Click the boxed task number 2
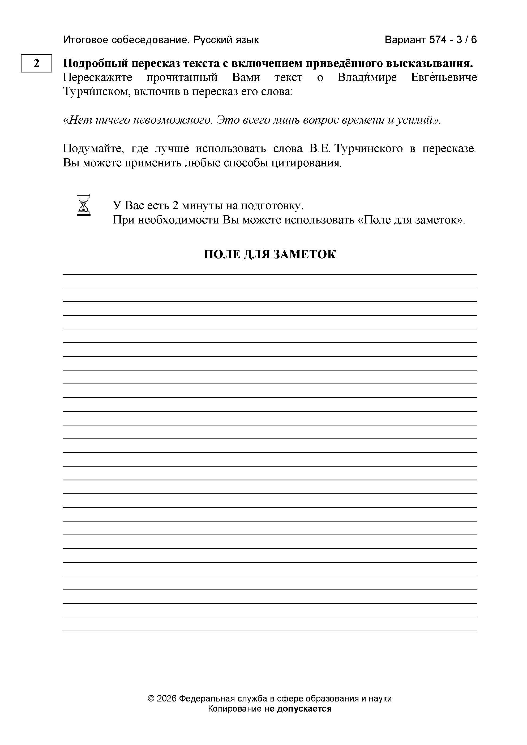coord(36,63)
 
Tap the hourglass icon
coord(83,205)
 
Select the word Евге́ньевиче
coord(444,77)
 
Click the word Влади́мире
coord(367,77)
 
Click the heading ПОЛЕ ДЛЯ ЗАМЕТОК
coord(270,254)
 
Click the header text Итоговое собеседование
coord(126,40)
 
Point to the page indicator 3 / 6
coord(466,40)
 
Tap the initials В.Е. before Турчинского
coord(319,149)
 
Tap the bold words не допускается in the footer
coord(298,709)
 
